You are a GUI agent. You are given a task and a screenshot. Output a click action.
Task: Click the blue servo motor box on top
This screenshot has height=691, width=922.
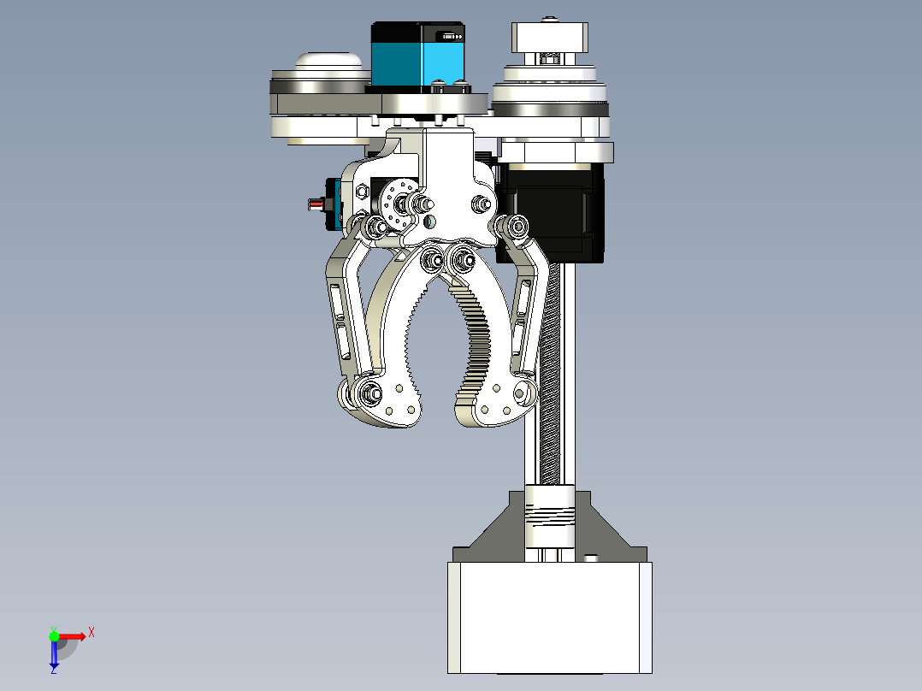click(x=417, y=56)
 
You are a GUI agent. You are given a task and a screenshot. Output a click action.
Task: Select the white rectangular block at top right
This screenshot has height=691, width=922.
click(x=551, y=38)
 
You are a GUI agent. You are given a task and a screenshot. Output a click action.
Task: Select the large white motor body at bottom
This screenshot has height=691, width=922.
click(x=548, y=616)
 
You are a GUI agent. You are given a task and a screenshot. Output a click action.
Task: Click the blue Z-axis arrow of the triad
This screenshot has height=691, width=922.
click(x=54, y=655)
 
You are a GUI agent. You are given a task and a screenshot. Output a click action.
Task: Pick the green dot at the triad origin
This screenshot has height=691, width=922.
click(x=54, y=635)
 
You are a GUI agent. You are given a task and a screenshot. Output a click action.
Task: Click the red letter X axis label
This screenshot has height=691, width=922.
click(x=92, y=632)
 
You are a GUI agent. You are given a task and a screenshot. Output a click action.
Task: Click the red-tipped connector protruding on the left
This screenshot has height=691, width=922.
click(x=317, y=204)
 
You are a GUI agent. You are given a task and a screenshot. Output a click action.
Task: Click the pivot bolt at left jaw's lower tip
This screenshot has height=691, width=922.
click(x=370, y=393)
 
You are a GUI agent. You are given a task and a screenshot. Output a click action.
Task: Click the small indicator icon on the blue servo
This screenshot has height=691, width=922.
click(x=450, y=36)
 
